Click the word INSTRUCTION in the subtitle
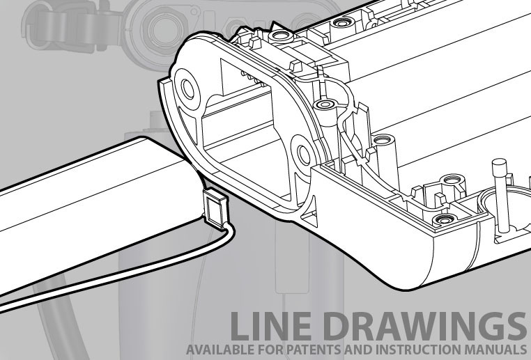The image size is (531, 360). coord(417,350)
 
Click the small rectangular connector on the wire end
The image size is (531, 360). coord(215,209)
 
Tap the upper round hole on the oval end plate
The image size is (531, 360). coord(187,89)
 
